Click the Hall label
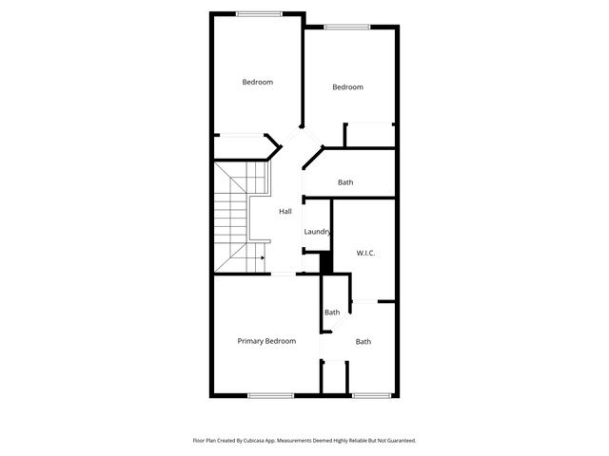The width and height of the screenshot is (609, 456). tap(285, 211)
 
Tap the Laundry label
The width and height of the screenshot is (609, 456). tap(317, 232)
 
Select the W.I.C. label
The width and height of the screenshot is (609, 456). tap(365, 253)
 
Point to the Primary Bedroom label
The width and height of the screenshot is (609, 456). tap(266, 341)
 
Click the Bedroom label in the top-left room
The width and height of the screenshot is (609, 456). tap(257, 82)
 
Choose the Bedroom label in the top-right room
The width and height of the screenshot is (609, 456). tap(347, 87)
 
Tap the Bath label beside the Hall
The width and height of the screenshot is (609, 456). tap(345, 182)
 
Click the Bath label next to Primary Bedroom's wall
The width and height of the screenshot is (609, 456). tap(332, 313)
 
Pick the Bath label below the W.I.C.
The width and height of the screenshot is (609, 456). tap(363, 342)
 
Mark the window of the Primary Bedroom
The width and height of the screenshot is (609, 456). tap(270, 394)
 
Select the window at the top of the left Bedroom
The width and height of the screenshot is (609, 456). tap(258, 13)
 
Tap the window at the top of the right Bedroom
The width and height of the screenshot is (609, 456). tap(346, 27)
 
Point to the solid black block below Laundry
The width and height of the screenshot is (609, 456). tap(325, 262)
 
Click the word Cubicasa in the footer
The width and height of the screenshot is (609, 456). tap(249, 441)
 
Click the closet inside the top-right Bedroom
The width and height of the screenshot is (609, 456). tap(370, 135)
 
